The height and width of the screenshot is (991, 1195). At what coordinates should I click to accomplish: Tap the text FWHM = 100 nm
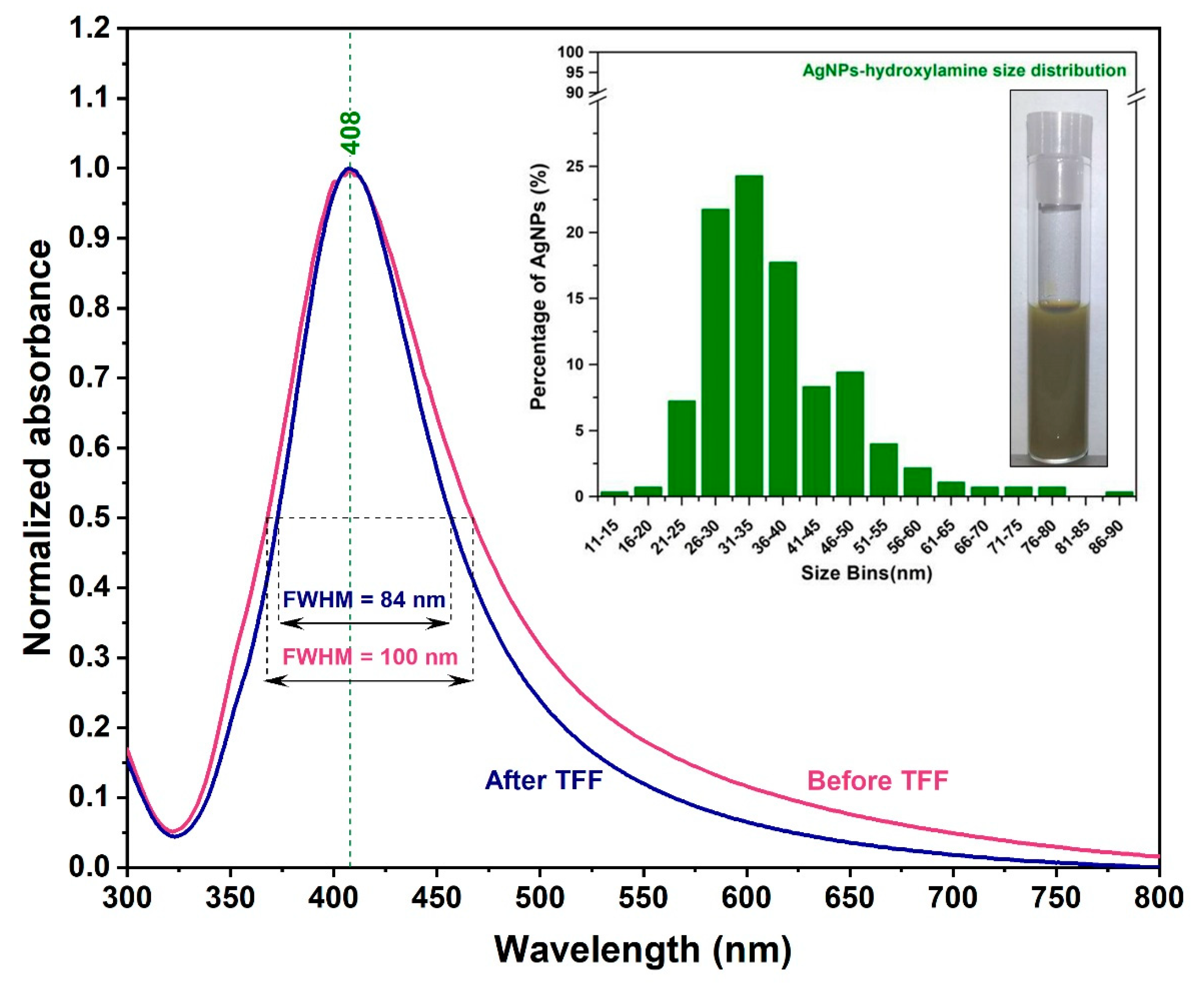pyautogui.click(x=370, y=657)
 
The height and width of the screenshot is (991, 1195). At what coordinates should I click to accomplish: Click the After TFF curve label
pyautogui.click(x=543, y=780)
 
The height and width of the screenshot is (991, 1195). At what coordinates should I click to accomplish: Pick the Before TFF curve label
pyautogui.click(x=878, y=780)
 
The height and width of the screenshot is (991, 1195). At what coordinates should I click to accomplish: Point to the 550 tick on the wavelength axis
pyautogui.click(x=643, y=898)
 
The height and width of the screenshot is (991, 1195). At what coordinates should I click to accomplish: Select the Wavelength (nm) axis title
pyautogui.click(x=643, y=950)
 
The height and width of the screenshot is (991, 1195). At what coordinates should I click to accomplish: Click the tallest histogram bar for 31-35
pyautogui.click(x=749, y=336)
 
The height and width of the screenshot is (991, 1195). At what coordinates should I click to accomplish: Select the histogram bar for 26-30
pyautogui.click(x=715, y=353)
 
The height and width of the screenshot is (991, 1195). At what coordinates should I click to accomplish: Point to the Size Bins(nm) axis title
pyautogui.click(x=866, y=573)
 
